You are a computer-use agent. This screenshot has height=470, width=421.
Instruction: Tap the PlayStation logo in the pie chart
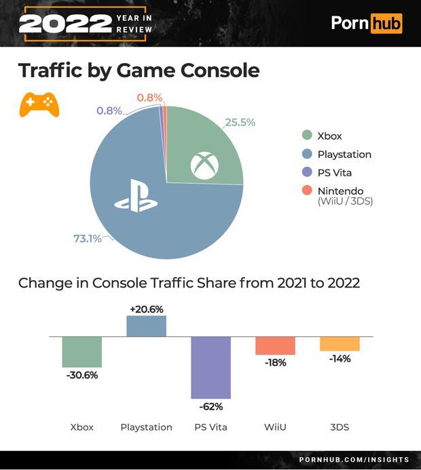pos(136,197)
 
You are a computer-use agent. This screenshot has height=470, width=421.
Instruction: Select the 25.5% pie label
pos(240,122)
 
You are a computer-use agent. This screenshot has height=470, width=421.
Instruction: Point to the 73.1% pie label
pos(87,238)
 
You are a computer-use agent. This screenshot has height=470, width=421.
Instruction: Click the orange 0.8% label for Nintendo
pos(149,98)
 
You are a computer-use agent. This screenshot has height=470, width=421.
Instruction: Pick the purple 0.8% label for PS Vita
pos(109,111)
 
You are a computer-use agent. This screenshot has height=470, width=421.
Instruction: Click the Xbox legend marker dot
pos(306,136)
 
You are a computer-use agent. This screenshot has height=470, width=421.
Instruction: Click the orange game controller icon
pos(39,104)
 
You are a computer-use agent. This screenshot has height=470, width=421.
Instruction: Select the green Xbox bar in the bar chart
pos(81,351)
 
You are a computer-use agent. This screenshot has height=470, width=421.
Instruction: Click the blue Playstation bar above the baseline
pos(146,326)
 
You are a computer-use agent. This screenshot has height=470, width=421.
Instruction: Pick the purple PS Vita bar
pos(210,367)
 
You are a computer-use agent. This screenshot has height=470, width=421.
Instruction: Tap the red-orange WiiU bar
pos(275,345)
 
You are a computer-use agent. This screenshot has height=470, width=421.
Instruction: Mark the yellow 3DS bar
pos(340,343)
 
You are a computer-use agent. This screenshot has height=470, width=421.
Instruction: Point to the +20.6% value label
pos(146,309)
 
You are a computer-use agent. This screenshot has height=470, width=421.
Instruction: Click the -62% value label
pos(210,407)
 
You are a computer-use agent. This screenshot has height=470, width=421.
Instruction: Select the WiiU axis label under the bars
pos(275,427)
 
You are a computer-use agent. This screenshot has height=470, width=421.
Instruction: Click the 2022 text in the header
pos(65,23)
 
